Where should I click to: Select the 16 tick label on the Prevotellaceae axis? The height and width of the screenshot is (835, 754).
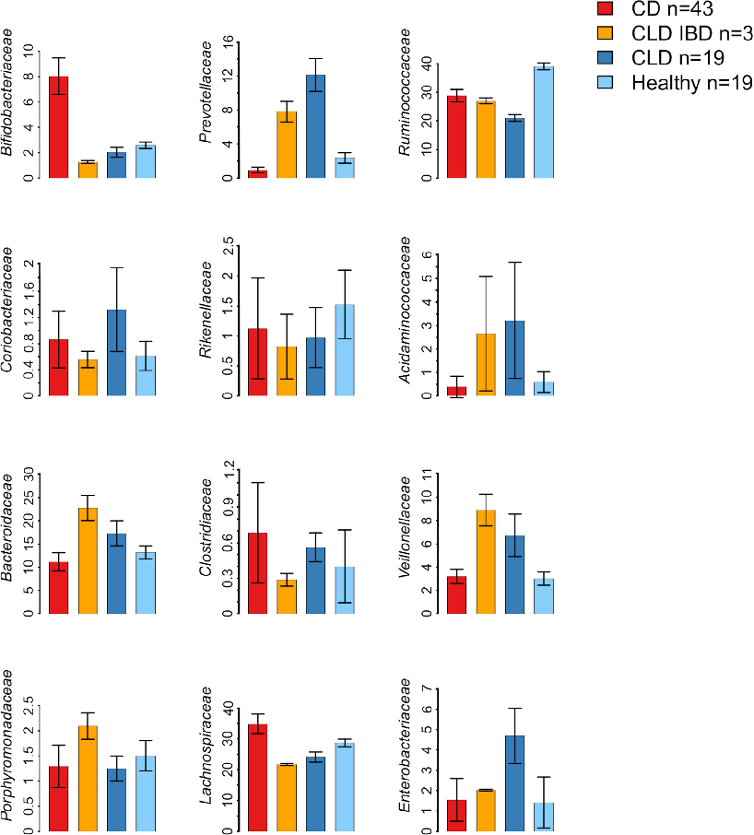227,42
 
